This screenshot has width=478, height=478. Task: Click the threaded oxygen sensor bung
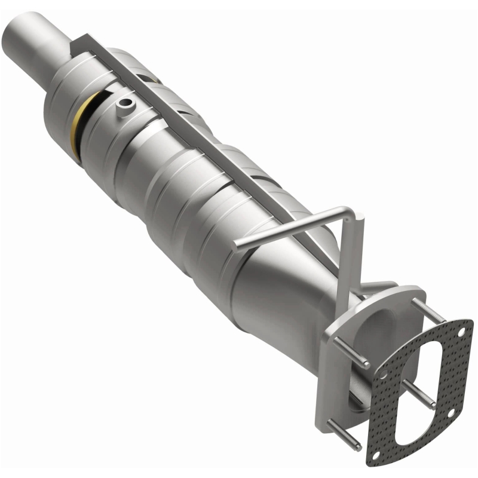(124, 106)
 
